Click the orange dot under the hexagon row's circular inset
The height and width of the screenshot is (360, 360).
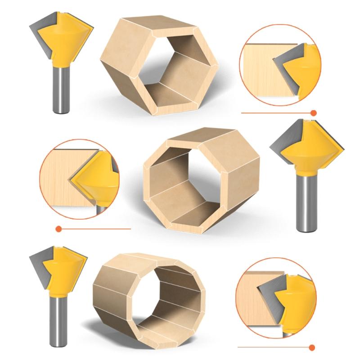tap(313, 113)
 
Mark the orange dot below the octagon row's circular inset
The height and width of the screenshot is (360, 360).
tap(58, 229)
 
